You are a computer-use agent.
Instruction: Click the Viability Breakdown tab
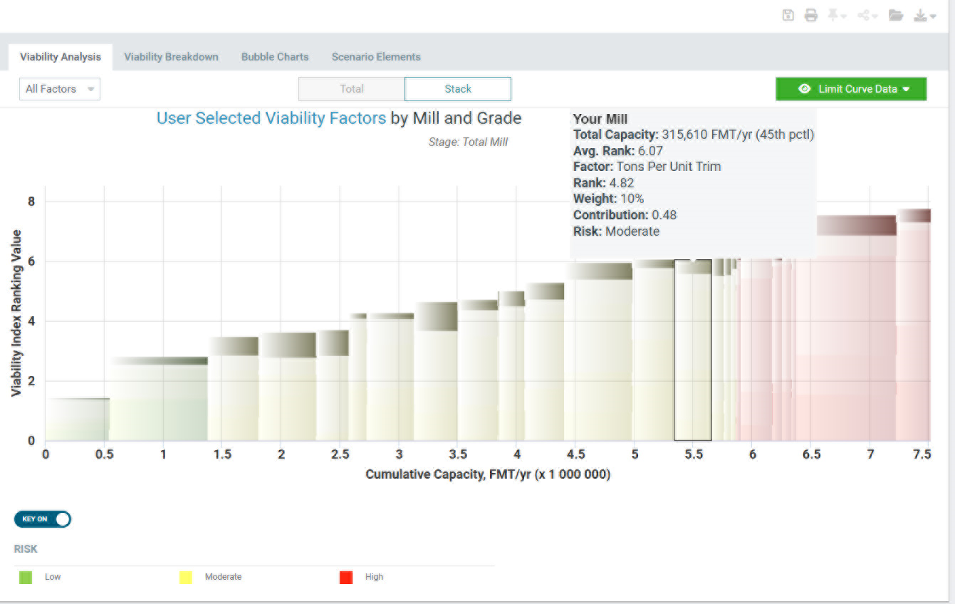click(x=171, y=57)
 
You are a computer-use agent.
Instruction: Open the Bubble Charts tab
click(x=275, y=57)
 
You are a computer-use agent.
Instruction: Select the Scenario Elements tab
click(x=376, y=57)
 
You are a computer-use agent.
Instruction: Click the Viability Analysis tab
click(x=61, y=57)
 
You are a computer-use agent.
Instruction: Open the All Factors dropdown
click(x=60, y=89)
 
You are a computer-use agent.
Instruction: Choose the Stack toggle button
click(x=457, y=89)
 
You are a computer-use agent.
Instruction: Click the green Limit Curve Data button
click(x=851, y=89)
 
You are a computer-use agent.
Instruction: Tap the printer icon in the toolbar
click(x=811, y=16)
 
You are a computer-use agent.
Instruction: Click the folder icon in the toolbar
click(x=896, y=16)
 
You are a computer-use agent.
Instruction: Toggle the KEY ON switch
click(x=43, y=519)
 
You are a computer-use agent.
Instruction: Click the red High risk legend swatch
click(x=347, y=577)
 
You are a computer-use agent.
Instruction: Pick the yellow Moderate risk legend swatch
click(x=186, y=577)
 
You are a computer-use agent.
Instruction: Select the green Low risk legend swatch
click(x=26, y=577)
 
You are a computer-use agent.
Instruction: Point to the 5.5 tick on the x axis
click(x=694, y=454)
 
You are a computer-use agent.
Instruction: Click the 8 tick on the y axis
click(x=31, y=202)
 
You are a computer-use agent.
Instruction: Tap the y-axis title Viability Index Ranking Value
click(x=16, y=313)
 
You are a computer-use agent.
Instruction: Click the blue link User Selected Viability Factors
click(x=271, y=118)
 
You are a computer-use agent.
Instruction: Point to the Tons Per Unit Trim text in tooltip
click(x=669, y=167)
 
